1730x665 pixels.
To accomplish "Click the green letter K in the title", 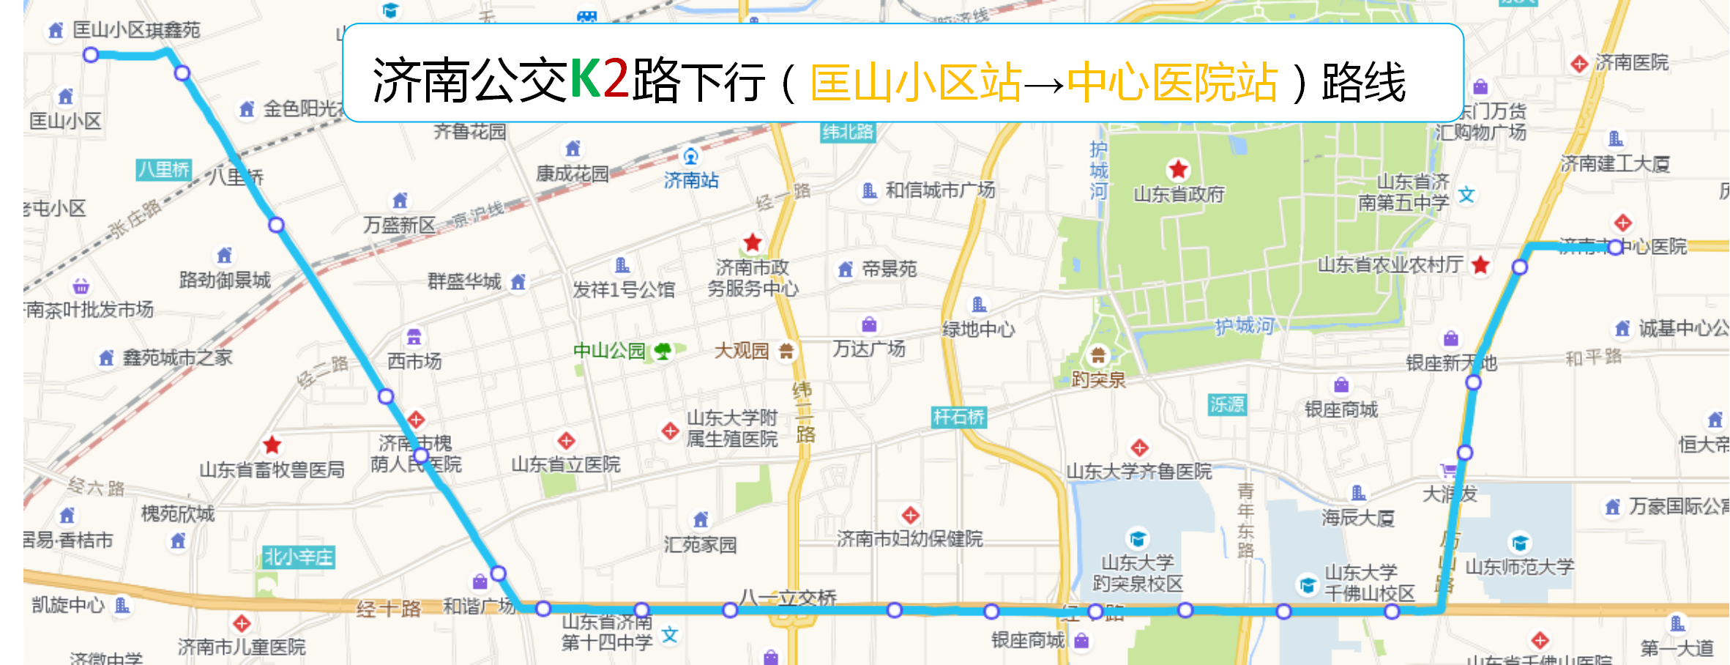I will (586, 79).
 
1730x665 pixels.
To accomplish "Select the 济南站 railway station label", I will (691, 179).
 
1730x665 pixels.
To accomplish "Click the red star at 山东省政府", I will (1178, 170).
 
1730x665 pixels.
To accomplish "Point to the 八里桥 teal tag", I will (164, 170).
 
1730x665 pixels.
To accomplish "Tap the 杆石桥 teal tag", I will (959, 417).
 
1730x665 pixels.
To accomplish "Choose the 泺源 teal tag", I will (1227, 404).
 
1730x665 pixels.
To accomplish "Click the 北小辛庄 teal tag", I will (299, 557).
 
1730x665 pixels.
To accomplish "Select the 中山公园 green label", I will (609, 351).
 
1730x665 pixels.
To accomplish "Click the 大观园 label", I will (742, 351).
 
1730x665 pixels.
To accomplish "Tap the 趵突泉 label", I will (1098, 379).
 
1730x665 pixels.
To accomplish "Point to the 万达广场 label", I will (869, 349).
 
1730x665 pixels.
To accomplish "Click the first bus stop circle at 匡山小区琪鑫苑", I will (91, 55).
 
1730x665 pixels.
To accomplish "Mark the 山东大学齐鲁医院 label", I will (1139, 472).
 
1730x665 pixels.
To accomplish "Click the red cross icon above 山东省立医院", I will (566, 441).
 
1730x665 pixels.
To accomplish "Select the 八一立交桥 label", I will (788, 598).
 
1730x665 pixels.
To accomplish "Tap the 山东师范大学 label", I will (1520, 567).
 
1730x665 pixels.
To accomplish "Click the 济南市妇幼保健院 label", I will (910, 539).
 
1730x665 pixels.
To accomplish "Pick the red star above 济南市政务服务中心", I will (753, 242).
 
